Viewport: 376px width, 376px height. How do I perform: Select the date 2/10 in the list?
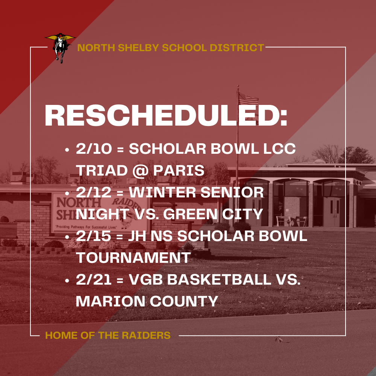(94, 149)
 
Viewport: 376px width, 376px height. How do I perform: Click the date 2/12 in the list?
(94, 192)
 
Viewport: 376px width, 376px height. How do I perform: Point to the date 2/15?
(94, 236)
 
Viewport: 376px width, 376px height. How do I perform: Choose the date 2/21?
(94, 280)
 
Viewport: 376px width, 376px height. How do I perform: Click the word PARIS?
(179, 170)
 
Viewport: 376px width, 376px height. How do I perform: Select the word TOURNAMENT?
(133, 258)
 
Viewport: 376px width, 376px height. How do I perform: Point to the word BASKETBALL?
(219, 280)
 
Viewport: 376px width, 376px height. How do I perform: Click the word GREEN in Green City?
(190, 214)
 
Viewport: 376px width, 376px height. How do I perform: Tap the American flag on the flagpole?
(249, 99)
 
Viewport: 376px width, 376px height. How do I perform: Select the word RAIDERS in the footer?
(146, 335)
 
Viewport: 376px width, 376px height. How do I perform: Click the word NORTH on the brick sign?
(79, 203)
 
